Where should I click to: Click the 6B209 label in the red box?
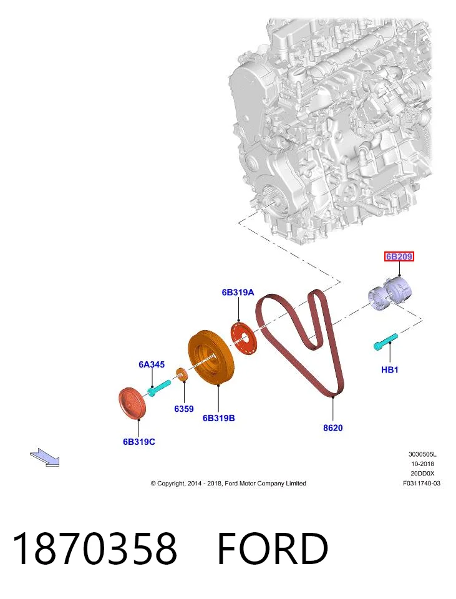pyautogui.click(x=399, y=256)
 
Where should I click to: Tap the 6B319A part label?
pyautogui.click(x=238, y=292)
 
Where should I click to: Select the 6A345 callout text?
pyautogui.click(x=152, y=364)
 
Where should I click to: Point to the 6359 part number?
pyautogui.click(x=183, y=409)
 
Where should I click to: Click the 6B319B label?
pyautogui.click(x=218, y=418)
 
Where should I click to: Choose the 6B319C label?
pyautogui.click(x=139, y=442)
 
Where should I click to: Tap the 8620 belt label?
pyautogui.click(x=333, y=428)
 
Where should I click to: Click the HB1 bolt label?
pyautogui.click(x=389, y=369)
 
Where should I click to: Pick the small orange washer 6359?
pyautogui.click(x=182, y=374)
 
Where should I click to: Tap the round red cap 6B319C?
pyautogui.click(x=132, y=404)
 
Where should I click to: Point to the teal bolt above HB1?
pyautogui.click(x=386, y=341)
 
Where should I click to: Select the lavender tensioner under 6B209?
pyautogui.click(x=390, y=293)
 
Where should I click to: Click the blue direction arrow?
pyautogui.click(x=45, y=457)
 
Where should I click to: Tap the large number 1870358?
pyautogui.click(x=95, y=548)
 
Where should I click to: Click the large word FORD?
pyautogui.click(x=273, y=548)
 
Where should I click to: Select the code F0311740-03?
pyautogui.click(x=422, y=483)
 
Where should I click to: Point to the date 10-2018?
pyautogui.click(x=422, y=464)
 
